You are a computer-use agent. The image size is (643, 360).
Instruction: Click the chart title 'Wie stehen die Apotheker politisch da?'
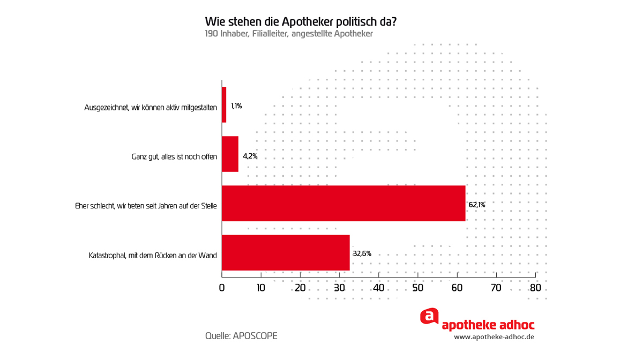click(301, 22)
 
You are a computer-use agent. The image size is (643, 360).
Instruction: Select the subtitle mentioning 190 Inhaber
click(288, 34)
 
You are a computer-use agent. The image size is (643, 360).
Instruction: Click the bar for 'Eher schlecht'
click(343, 204)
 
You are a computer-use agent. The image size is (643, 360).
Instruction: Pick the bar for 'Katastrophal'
click(286, 252)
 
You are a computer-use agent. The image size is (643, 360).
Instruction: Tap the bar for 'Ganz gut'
click(230, 154)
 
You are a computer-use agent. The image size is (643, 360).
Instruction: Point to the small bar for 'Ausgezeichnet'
click(224, 105)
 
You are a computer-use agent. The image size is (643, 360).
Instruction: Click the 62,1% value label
click(477, 205)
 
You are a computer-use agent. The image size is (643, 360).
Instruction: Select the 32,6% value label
click(362, 253)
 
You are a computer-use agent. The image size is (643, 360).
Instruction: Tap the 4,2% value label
click(250, 156)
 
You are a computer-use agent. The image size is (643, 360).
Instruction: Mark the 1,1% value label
click(236, 106)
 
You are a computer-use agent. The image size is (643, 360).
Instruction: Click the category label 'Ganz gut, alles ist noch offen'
click(174, 157)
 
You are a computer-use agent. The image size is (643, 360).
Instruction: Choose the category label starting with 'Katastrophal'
click(153, 256)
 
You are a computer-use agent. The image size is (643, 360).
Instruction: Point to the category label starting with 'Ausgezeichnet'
click(151, 108)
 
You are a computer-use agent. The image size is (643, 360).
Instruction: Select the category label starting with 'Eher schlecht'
click(146, 206)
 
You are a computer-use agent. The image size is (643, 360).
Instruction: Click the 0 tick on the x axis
click(222, 288)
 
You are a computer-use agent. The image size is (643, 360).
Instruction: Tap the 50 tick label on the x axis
click(418, 288)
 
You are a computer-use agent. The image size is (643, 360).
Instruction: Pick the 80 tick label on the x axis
click(535, 288)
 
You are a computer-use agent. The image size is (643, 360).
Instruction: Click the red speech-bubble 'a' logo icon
click(429, 316)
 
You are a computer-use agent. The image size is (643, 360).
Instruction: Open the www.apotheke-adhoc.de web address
click(494, 337)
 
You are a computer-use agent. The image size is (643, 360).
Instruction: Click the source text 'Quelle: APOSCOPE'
click(241, 336)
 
